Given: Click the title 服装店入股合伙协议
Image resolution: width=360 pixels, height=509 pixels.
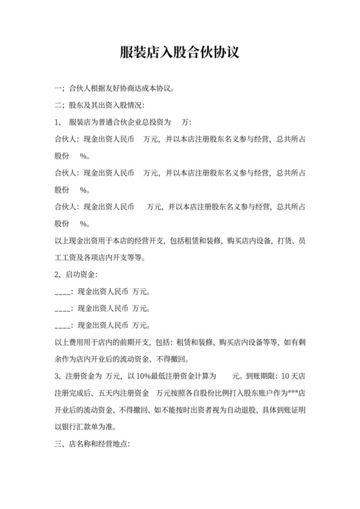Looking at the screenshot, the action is click(179, 51).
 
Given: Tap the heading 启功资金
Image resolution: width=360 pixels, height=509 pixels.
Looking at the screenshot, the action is click(82, 274).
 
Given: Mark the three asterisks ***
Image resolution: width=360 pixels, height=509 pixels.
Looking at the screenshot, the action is click(294, 391).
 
